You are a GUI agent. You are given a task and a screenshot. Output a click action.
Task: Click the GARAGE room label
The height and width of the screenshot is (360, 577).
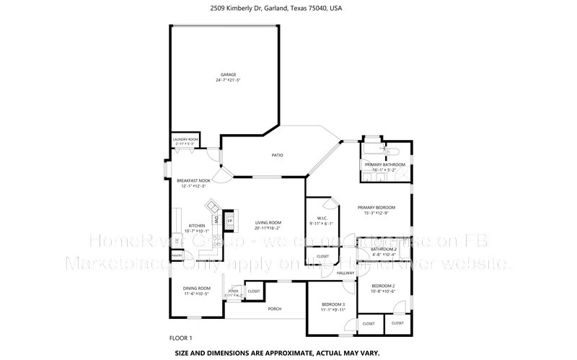coord(228,74)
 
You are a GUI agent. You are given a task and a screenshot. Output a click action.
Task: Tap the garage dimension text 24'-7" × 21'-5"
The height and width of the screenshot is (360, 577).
coord(228,80)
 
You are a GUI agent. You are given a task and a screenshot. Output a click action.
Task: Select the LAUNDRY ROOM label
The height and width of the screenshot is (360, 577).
coord(185,139)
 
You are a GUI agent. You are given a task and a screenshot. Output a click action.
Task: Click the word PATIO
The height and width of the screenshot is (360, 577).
coord(277,155)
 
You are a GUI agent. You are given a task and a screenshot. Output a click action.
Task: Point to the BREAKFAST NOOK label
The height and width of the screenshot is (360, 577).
coord(194,180)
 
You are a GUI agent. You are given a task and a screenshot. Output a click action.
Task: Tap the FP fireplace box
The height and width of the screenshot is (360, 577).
coord(229,219)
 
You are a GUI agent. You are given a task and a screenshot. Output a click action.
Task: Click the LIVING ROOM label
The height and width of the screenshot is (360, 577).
coord(268,222)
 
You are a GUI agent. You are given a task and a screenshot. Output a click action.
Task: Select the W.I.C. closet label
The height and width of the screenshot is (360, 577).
coord(323,219)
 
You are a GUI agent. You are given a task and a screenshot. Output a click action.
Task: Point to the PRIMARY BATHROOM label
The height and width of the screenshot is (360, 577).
coord(384,165)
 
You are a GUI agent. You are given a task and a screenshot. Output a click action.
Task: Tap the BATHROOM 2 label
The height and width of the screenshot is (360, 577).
coord(384,249)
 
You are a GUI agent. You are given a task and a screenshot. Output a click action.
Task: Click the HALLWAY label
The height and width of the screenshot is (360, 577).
coord(345,273)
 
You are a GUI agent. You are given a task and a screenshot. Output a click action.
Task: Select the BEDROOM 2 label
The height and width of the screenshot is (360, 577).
coord(383,285)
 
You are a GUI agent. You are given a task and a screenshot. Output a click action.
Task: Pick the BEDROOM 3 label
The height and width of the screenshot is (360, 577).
coord(333,304)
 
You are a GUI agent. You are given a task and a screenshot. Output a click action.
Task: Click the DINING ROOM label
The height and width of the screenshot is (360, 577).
coord(196,288)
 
